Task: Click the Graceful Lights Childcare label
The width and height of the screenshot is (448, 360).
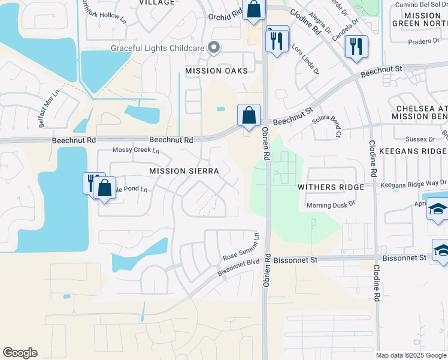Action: tap(158, 49)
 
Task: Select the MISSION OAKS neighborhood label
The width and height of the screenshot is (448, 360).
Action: tap(216, 71)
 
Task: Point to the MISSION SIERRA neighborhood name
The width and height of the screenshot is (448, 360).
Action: tap(184, 171)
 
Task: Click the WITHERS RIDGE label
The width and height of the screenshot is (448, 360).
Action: tap(331, 187)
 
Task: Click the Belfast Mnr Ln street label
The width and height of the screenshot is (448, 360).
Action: tap(50, 109)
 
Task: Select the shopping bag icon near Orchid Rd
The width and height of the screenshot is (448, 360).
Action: tap(253, 10)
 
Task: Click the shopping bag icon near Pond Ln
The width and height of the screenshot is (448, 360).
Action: tap(104, 188)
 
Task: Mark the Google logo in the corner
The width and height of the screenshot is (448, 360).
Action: tap(20, 353)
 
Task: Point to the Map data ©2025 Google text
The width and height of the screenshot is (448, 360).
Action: tap(411, 355)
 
